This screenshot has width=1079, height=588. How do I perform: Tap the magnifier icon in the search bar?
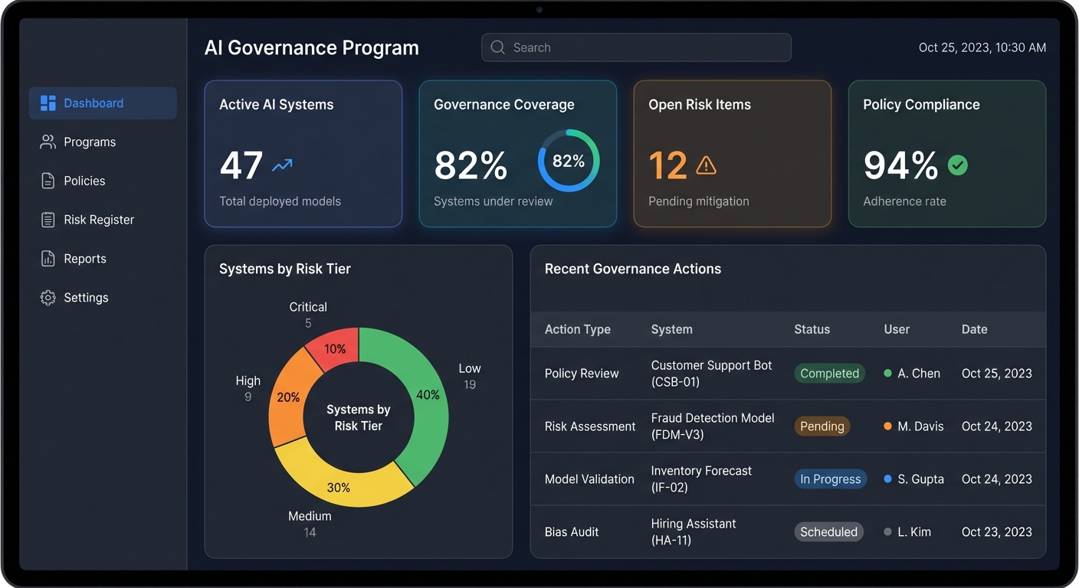pyautogui.click(x=497, y=47)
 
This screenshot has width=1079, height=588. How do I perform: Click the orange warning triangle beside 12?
pyautogui.click(x=706, y=165)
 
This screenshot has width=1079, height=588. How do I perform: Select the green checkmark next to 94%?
pyautogui.click(x=957, y=165)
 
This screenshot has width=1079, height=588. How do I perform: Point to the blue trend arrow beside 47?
pyautogui.click(x=282, y=165)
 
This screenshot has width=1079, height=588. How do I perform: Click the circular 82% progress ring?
pyautogui.click(x=569, y=161)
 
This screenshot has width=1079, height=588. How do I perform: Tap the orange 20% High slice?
pyautogui.click(x=289, y=398)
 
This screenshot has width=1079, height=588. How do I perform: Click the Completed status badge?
pyautogui.click(x=829, y=374)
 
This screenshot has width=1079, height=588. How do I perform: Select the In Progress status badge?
pyautogui.click(x=830, y=479)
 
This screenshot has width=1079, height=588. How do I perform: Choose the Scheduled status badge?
pyautogui.click(x=828, y=532)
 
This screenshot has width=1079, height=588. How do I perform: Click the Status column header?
pyautogui.click(x=812, y=329)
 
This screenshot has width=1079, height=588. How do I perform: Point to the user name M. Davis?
pyautogui.click(x=920, y=426)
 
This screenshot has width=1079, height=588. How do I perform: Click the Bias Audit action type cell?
pyautogui.click(x=572, y=532)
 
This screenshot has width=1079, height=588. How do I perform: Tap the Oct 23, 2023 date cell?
pyautogui.click(x=996, y=532)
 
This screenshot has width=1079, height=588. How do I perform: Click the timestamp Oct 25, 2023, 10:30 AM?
pyautogui.click(x=982, y=47)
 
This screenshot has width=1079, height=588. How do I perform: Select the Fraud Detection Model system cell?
pyautogui.click(x=713, y=426)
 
